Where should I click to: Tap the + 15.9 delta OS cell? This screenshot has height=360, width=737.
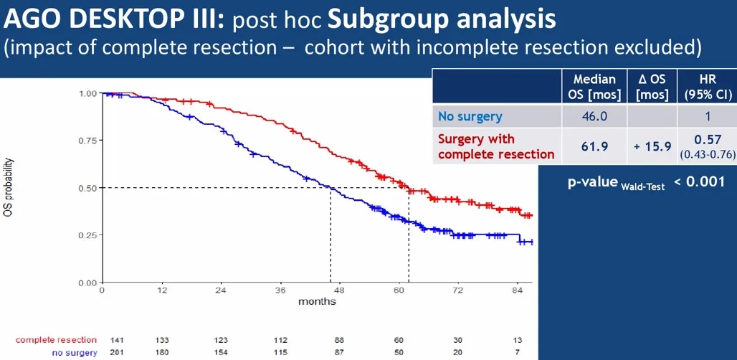(652, 146)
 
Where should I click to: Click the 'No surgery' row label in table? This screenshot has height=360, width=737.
(470, 115)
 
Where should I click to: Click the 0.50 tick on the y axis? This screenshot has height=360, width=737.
(87, 188)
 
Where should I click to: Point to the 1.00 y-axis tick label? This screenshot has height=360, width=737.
(87, 93)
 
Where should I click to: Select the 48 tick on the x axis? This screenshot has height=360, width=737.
(340, 290)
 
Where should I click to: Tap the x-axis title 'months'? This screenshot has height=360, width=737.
(317, 302)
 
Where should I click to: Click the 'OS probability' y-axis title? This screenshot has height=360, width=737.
(9, 188)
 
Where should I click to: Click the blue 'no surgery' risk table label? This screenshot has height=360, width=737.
(74, 352)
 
